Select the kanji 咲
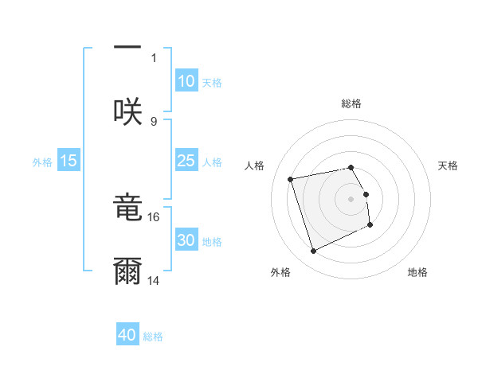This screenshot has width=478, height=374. click(x=127, y=111)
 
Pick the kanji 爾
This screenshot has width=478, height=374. click(x=127, y=271)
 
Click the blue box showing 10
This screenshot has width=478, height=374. click(x=186, y=81)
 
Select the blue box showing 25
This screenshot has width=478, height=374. click(x=186, y=161)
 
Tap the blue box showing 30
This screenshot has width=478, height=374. click(x=186, y=240)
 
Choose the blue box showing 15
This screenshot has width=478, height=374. click(x=69, y=161)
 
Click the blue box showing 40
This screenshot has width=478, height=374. click(x=127, y=335)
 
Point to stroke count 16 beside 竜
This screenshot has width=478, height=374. click(x=154, y=216)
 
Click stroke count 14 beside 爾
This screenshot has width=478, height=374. click(x=154, y=280)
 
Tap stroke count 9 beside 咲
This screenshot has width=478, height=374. click(x=154, y=121)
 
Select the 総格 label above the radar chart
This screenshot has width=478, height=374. click(x=351, y=103)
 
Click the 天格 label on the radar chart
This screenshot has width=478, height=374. click(x=448, y=166)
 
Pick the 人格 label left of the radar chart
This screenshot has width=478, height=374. click(x=254, y=166)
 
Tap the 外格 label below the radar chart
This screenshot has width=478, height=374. click(x=280, y=272)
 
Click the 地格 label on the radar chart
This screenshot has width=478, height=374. click(x=417, y=272)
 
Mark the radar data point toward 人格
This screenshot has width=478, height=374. click(x=291, y=178)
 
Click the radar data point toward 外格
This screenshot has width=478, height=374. click(x=313, y=251)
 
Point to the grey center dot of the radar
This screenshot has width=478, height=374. click(x=351, y=198)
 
